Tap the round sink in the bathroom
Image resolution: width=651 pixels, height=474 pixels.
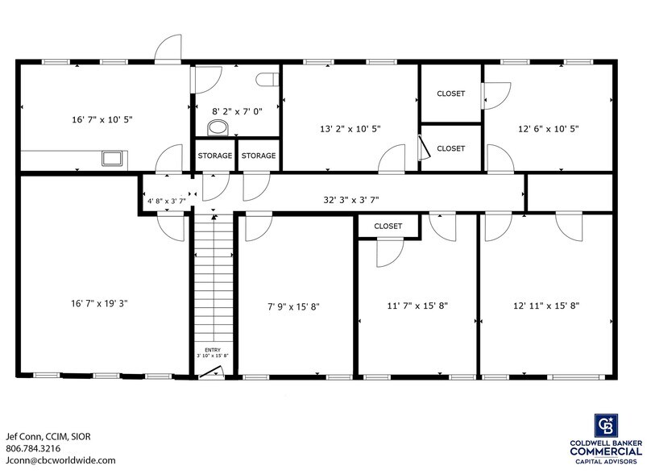[216, 127]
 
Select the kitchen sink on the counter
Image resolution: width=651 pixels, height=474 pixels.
[111, 158]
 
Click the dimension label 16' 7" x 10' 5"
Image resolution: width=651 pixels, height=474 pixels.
[102, 119]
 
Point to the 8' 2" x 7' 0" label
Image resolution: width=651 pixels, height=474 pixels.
[237, 112]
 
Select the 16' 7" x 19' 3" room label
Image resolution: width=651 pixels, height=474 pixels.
[100, 303]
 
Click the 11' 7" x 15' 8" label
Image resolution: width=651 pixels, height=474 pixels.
[417, 306]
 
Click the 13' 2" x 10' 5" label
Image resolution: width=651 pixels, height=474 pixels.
[350, 128]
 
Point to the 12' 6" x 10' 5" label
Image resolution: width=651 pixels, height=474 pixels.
[548, 128]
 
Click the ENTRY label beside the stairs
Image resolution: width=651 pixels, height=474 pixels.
[213, 349]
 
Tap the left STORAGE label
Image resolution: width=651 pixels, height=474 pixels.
[215, 156]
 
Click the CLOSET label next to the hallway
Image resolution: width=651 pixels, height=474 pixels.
[388, 227]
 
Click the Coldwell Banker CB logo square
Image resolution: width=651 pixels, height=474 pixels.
[606, 426]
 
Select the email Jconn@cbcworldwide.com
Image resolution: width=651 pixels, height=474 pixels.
[60, 460]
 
